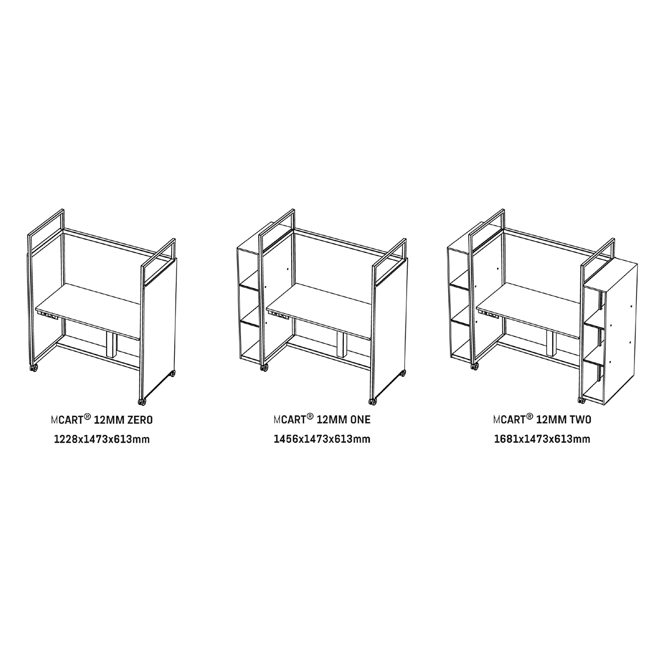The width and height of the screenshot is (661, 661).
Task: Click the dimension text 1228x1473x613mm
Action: pos(101,440)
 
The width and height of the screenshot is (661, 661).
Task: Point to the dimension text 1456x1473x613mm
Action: pos(322,439)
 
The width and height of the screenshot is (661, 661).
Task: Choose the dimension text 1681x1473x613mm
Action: pos(542,439)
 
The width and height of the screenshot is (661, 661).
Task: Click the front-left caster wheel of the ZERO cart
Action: pos(34,368)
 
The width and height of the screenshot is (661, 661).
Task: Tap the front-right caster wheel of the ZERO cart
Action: pos(141,402)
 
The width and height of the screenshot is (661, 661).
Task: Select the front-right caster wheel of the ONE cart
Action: pos(372,401)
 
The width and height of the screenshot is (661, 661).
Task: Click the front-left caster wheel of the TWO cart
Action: pos(476,367)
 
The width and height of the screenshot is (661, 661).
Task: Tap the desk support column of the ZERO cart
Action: pos(112,345)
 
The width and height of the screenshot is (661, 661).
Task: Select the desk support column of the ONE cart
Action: pos(343,345)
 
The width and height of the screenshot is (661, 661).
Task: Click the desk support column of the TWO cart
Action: pos(552,343)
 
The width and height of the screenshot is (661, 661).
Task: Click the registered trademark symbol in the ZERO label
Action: pos(87,417)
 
